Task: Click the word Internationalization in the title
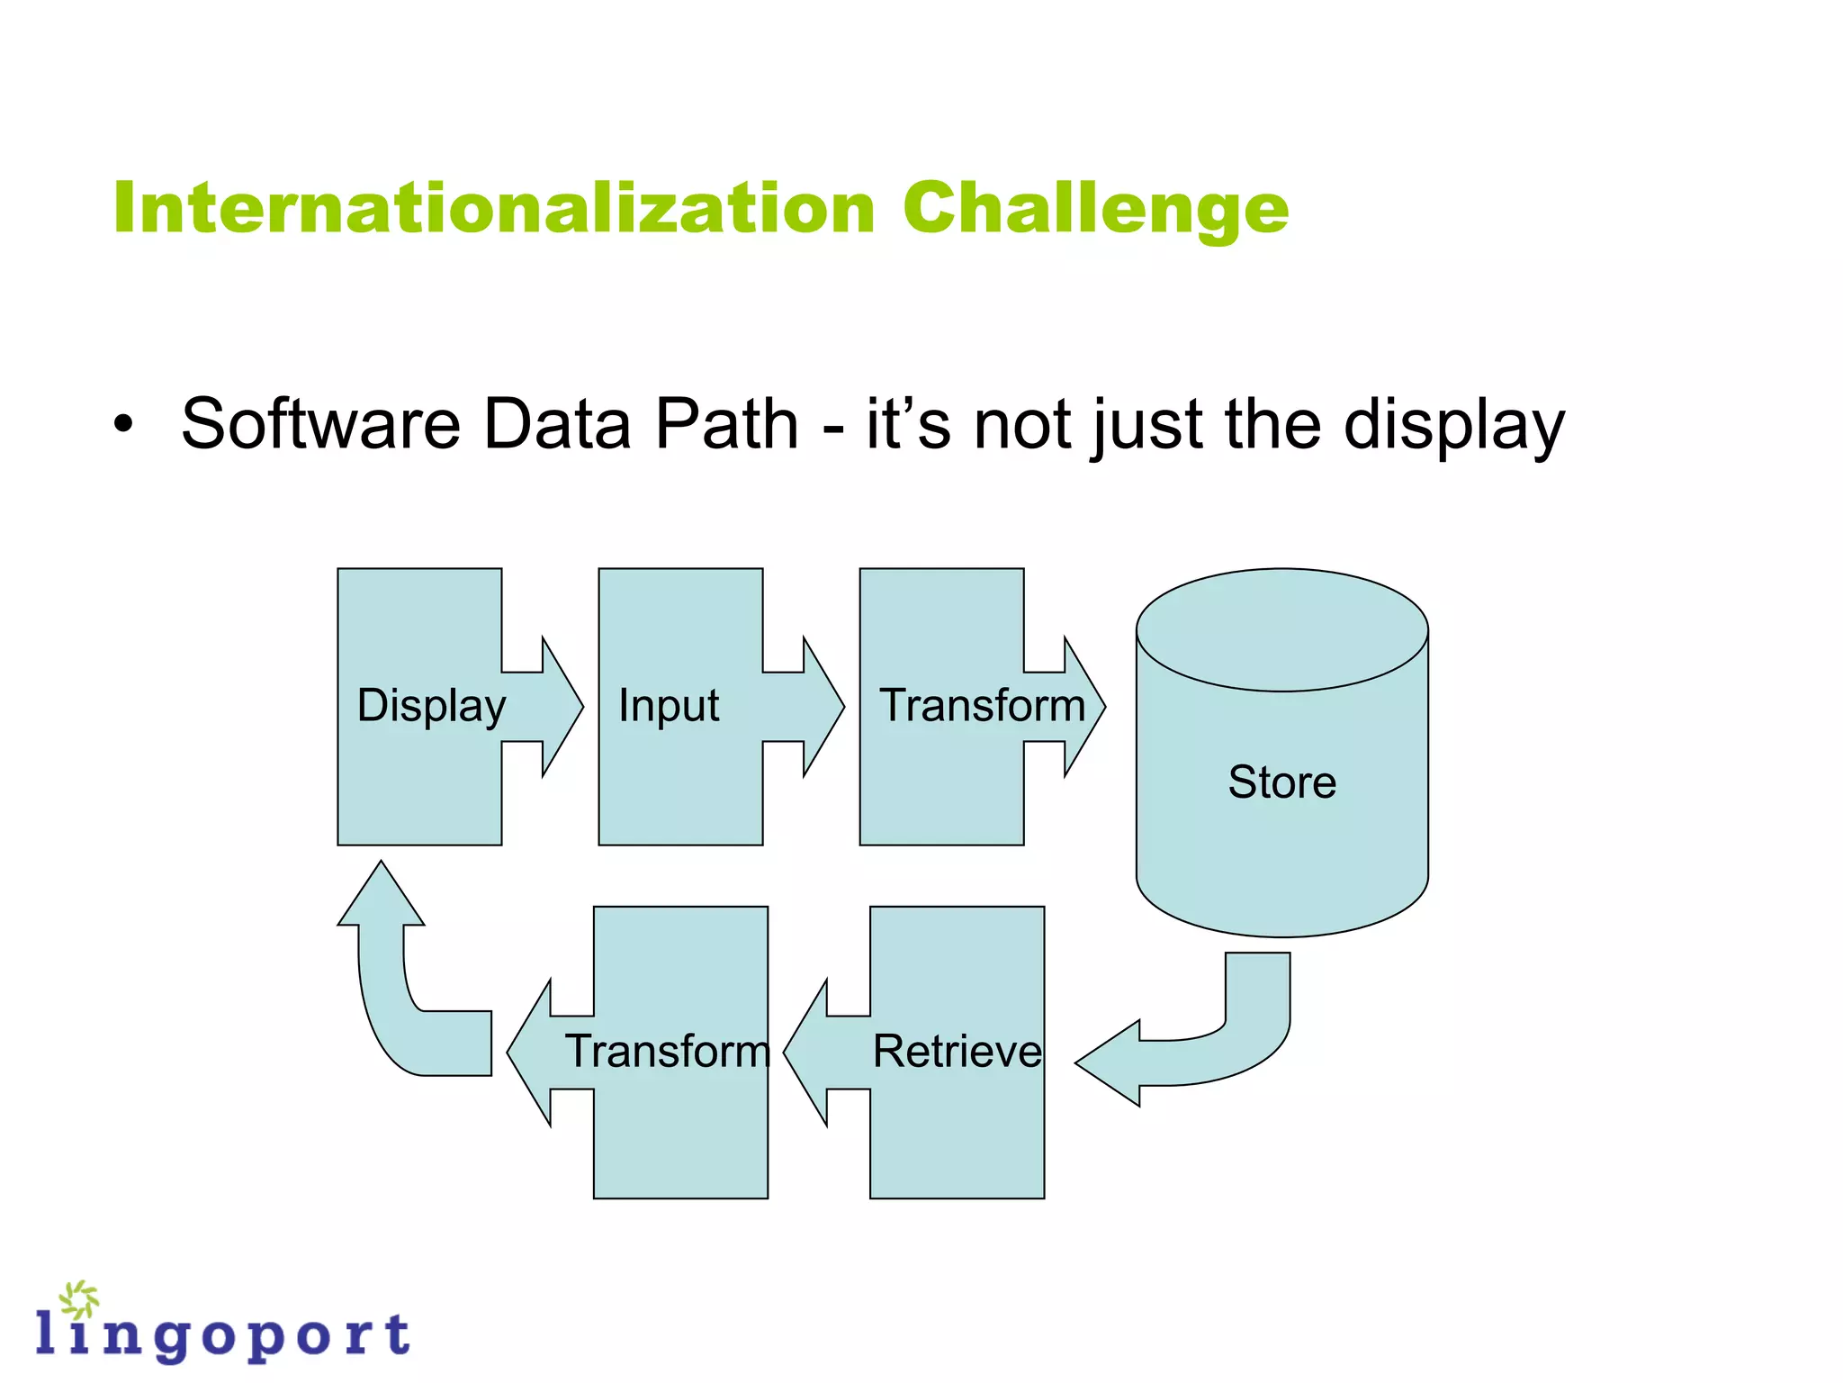[494, 208]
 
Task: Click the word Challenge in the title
[1095, 210]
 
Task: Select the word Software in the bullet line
[320, 423]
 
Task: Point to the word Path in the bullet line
[726, 423]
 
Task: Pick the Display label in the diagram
[431, 705]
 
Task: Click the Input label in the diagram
[669, 705]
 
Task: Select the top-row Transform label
[982, 705]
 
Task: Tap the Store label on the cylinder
[1281, 782]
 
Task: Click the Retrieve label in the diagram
[957, 1051]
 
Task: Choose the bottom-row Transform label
[667, 1051]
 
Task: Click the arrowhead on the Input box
[821, 707]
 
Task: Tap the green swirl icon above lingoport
[79, 1300]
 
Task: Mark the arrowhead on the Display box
[560, 707]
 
